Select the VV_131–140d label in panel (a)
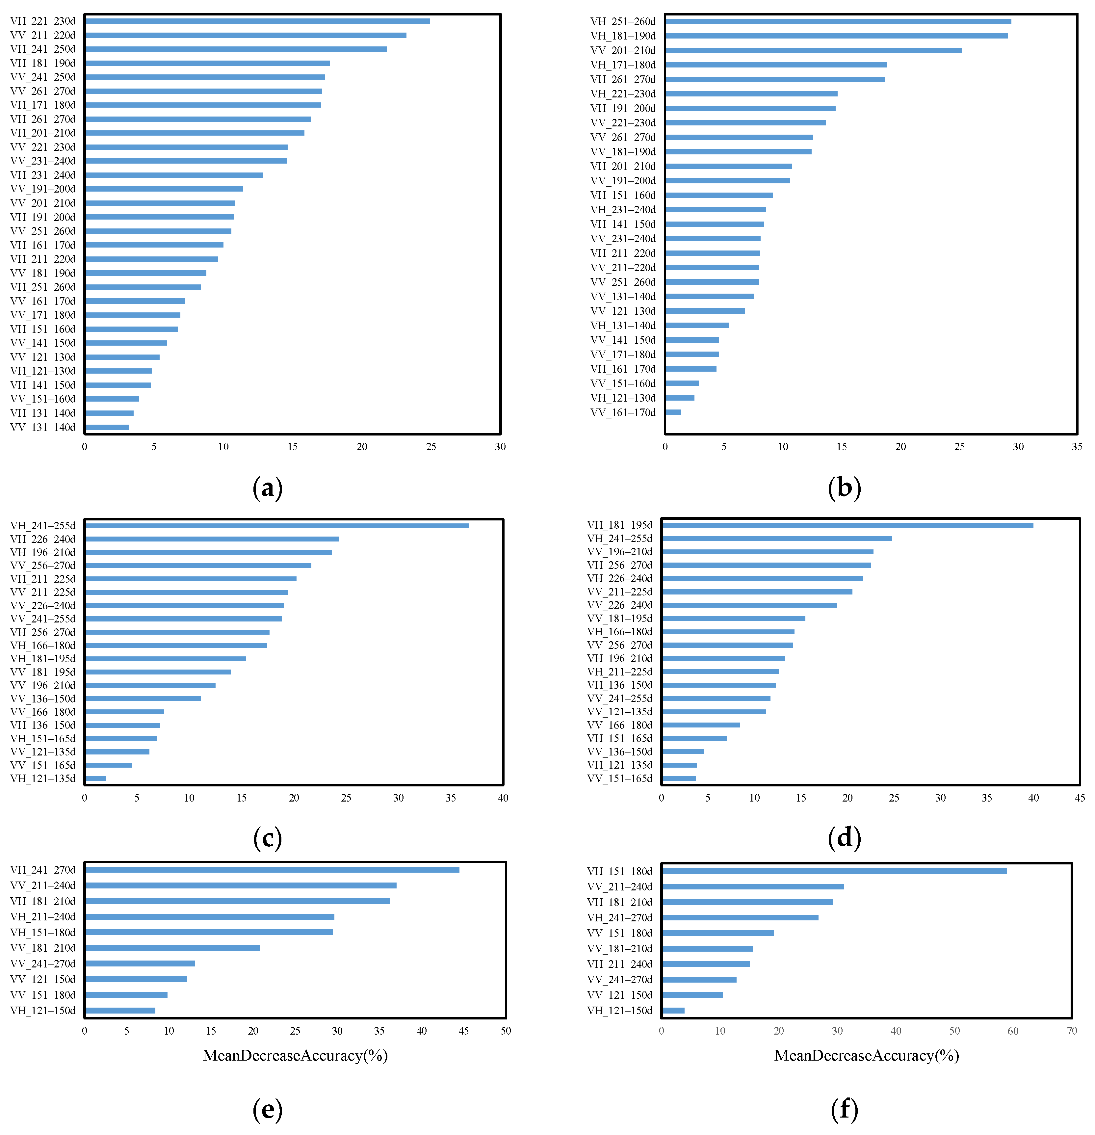click(x=43, y=427)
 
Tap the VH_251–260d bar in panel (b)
click(x=838, y=21)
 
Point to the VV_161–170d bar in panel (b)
click(x=673, y=412)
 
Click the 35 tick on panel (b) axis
click(x=1077, y=446)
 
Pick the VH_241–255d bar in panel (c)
click(x=277, y=526)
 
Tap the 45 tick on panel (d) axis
click(x=1079, y=798)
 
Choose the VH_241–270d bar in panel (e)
click(x=272, y=870)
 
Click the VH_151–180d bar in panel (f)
click(x=834, y=871)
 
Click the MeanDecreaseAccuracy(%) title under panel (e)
click(x=295, y=1056)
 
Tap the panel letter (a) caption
click(x=268, y=488)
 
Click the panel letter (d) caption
click(x=844, y=838)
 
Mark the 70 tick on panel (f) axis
click(x=1071, y=1031)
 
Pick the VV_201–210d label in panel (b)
click(x=623, y=50)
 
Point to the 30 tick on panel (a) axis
click(x=500, y=446)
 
